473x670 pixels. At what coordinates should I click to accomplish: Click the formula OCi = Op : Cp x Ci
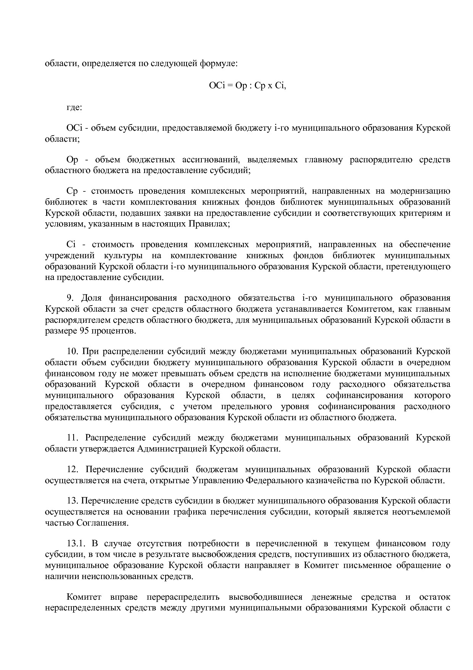pyautogui.click(x=247, y=86)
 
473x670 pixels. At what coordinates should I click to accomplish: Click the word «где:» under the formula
pyautogui.click(x=74, y=107)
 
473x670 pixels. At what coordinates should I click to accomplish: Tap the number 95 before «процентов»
pyautogui.click(x=84, y=331)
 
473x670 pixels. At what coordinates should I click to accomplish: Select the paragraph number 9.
pyautogui.click(x=70, y=298)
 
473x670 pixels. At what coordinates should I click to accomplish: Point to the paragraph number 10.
pyautogui.click(x=72, y=351)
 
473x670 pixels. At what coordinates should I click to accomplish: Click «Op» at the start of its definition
pyautogui.click(x=72, y=160)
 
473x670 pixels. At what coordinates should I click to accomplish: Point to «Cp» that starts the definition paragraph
pyautogui.click(x=72, y=191)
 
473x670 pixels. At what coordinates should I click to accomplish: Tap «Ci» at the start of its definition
pyautogui.click(x=71, y=244)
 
